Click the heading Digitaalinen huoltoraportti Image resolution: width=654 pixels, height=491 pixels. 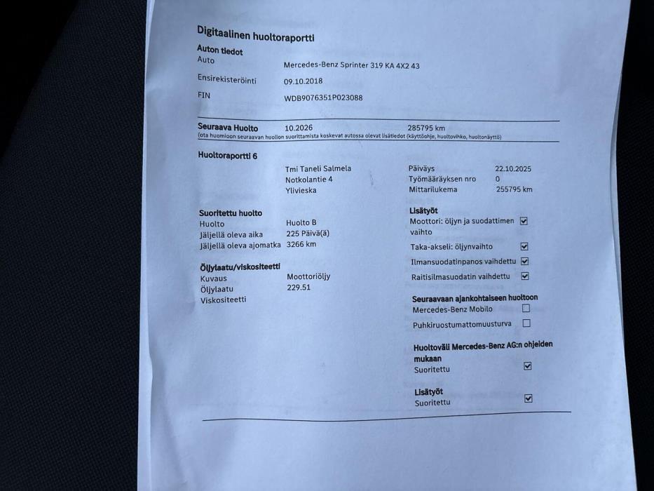tap(255, 33)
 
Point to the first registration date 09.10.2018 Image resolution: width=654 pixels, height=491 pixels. tap(303, 81)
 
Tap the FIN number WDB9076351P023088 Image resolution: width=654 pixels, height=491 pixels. tap(323, 98)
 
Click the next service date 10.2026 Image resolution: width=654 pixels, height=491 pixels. tap(299, 128)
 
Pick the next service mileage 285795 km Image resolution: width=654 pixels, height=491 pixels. tap(426, 128)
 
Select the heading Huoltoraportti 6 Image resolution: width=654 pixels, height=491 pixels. tap(228, 156)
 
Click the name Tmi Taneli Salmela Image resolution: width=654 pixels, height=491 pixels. tap(318, 169)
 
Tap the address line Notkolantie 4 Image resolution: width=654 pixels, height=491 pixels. tap(309, 180)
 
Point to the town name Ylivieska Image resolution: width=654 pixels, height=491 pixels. tap(301, 190)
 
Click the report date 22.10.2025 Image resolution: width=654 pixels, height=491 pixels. tap(513, 168)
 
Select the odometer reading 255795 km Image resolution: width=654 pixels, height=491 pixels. tap(514, 189)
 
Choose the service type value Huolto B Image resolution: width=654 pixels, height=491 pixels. tap(301, 223)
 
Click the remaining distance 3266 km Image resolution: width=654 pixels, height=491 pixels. tap(301, 244)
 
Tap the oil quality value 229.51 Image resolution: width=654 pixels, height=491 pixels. tap(299, 288)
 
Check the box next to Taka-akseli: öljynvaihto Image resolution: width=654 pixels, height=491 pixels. tap(524, 247)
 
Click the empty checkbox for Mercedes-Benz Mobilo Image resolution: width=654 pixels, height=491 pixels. tap(526, 308)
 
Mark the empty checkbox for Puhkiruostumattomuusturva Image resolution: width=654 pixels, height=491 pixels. tap(526, 323)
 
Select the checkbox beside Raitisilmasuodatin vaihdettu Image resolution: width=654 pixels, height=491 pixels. tap(525, 276)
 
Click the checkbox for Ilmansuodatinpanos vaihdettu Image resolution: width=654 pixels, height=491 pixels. tap(525, 262)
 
